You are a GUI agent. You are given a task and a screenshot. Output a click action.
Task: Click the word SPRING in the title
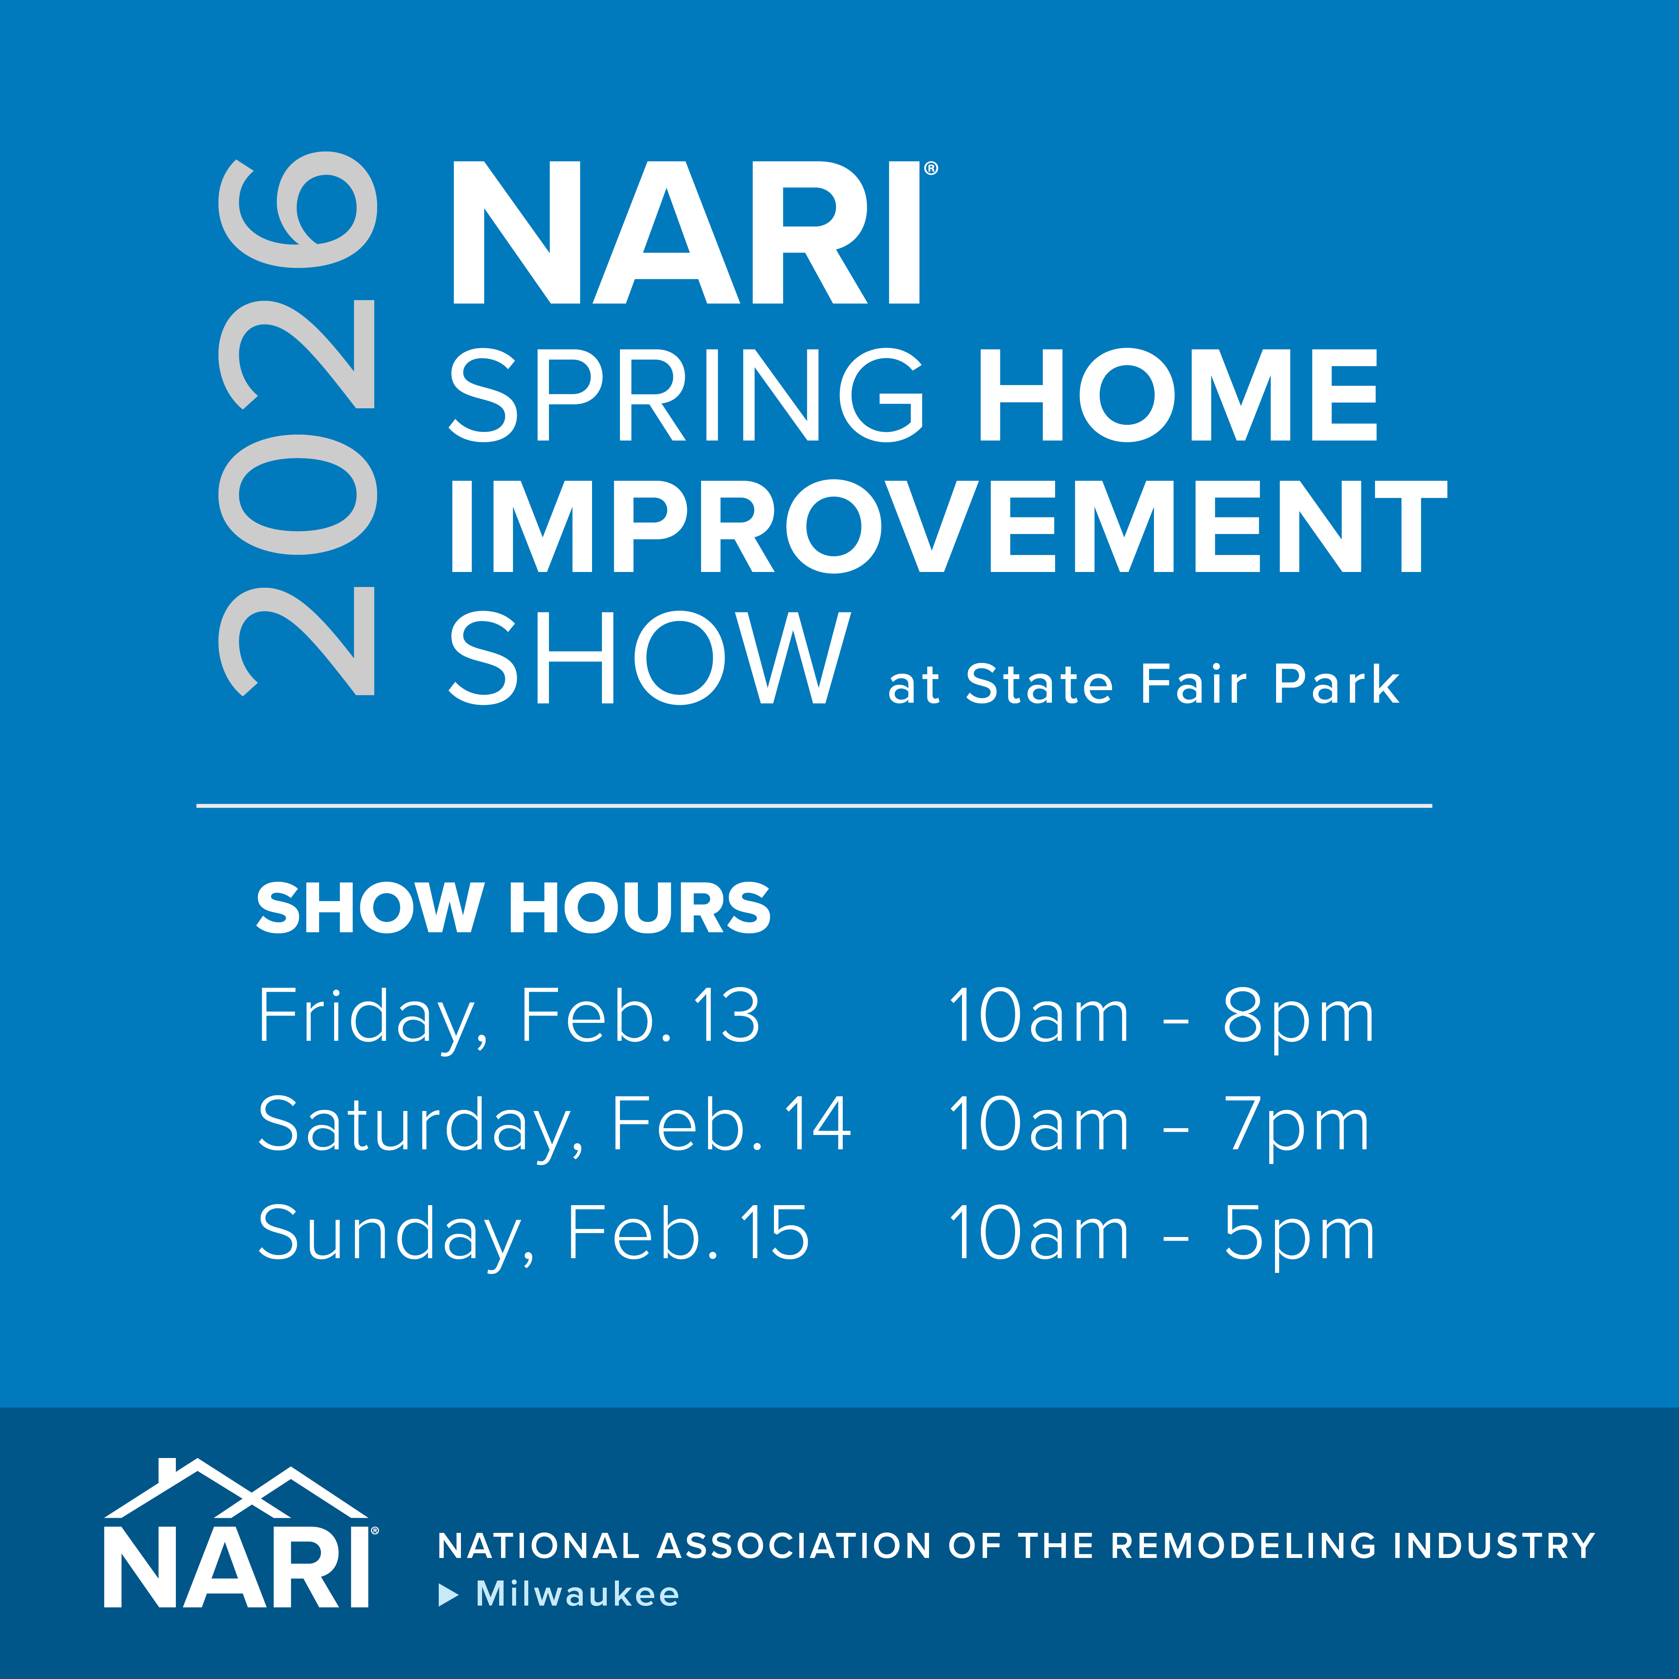[x=687, y=395]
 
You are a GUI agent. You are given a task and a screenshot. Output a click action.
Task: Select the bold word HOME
[x=1178, y=395]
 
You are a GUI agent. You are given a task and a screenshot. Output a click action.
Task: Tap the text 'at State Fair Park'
[x=1144, y=684]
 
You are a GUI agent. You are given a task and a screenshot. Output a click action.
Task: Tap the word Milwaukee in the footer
[x=578, y=1594]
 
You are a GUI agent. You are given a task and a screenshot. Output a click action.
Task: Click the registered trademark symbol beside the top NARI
[x=931, y=169]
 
